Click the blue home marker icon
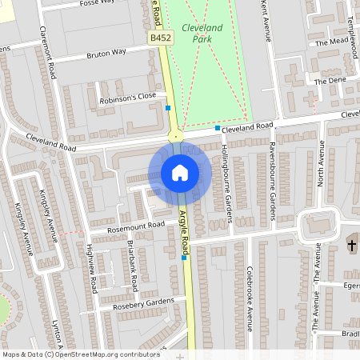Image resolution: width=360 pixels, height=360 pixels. tap(180, 172)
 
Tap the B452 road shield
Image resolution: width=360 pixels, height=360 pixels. tap(158, 38)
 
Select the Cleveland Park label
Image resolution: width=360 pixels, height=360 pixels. tap(202, 33)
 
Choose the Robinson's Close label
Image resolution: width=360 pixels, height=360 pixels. tap(127, 98)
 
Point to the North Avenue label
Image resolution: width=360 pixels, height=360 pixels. tap(322, 165)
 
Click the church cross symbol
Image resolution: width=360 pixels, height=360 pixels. tap(351, 243)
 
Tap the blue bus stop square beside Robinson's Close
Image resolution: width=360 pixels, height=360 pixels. tap(168, 107)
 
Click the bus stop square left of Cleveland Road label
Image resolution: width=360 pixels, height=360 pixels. tap(217, 128)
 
